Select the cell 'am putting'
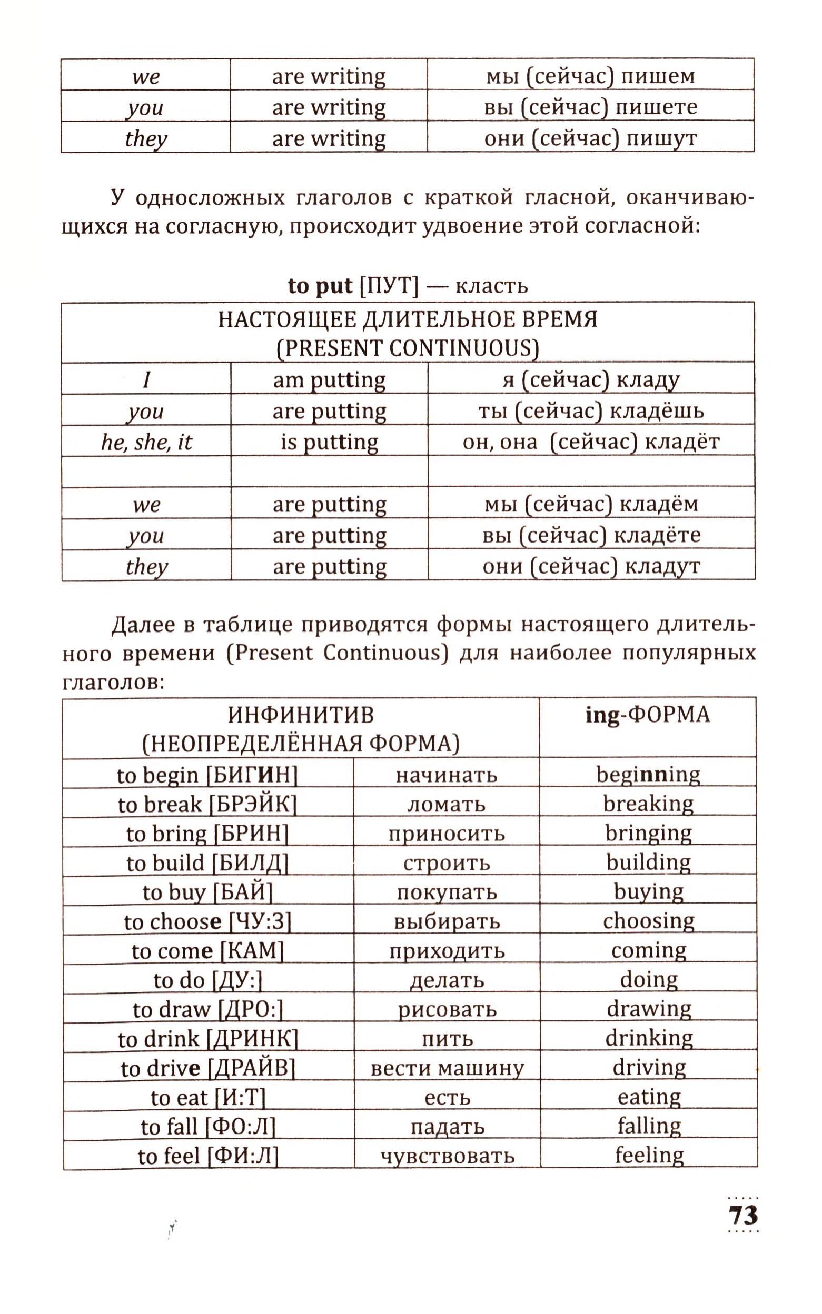tap(329, 380)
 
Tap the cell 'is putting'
tap(329, 442)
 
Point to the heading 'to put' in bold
tap(320, 286)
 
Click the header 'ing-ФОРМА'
tap(648, 715)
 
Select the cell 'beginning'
tap(648, 774)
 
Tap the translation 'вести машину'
tap(447, 1068)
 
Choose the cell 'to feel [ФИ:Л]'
tap(208, 1156)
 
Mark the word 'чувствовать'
tap(447, 1156)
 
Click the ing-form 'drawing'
tap(649, 1009)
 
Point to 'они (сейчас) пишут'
tap(590, 138)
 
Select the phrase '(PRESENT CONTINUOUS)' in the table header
tap(407, 348)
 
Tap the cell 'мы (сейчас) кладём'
tap(591, 504)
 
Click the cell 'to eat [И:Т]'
tap(208, 1097)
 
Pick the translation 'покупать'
tap(447, 892)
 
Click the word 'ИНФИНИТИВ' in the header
tap(301, 715)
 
